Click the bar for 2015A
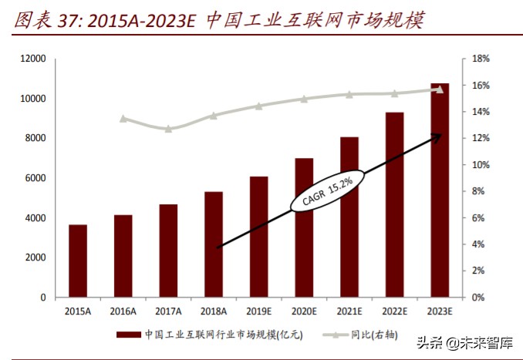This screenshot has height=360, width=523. pyautogui.click(x=78, y=261)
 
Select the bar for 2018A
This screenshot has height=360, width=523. pyautogui.click(x=214, y=244)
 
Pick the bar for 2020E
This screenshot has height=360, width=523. pyautogui.click(x=304, y=227)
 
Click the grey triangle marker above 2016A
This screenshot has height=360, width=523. pyautogui.click(x=123, y=119)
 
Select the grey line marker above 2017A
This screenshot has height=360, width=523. pyautogui.click(x=168, y=128)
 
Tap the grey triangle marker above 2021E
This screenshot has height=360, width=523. pyautogui.click(x=349, y=95)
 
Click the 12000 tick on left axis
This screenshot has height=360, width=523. pyautogui.click(x=33, y=59)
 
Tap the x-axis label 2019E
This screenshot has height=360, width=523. pyautogui.click(x=258, y=311)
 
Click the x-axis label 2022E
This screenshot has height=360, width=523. pyautogui.click(x=394, y=311)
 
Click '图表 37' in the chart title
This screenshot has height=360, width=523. pyautogui.click(x=40, y=20)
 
